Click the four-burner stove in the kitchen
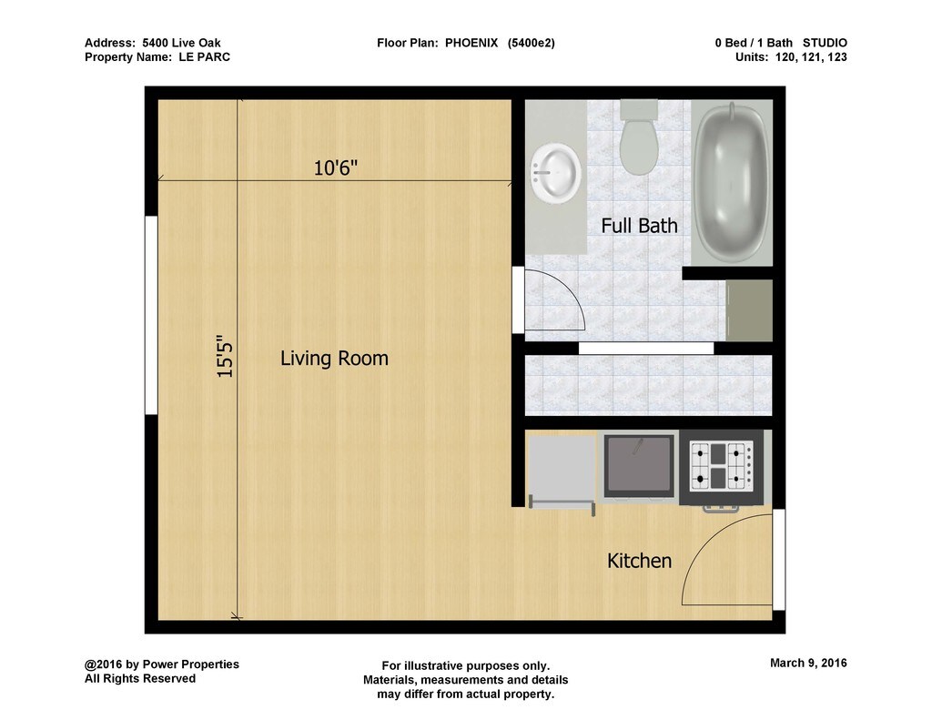[x=722, y=467]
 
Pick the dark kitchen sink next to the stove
[x=639, y=465]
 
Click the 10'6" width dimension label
[x=335, y=168]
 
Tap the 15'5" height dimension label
[x=225, y=356]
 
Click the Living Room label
[x=334, y=358]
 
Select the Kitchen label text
[x=639, y=561]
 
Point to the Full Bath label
[x=639, y=226]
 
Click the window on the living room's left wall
[x=152, y=315]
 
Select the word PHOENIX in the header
[x=471, y=43]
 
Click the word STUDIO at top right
[x=825, y=43]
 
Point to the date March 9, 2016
[x=808, y=663]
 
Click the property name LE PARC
[x=205, y=57]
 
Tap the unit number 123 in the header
[x=837, y=57]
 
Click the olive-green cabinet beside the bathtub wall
[x=749, y=310]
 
